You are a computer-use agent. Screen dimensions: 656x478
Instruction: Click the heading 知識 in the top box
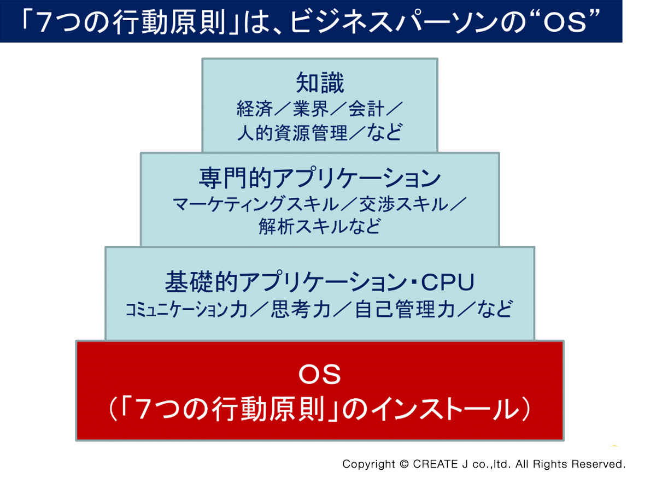tap(320, 83)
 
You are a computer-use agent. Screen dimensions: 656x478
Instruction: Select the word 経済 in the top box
tap(255, 109)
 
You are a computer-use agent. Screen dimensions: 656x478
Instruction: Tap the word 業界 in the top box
tap(311, 109)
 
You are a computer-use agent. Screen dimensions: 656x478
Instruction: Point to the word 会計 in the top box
tap(366, 109)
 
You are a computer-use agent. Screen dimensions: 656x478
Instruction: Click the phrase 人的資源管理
tap(292, 133)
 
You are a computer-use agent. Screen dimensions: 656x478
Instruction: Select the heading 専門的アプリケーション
tap(320, 178)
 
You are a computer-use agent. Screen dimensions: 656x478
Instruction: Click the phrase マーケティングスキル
tap(256, 204)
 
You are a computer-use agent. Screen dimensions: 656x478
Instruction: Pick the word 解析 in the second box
tap(277, 226)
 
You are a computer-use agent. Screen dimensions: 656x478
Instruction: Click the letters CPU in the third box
tap(448, 282)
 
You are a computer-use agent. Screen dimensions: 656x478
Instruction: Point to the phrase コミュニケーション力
tap(186, 310)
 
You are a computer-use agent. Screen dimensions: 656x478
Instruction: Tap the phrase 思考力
tap(301, 310)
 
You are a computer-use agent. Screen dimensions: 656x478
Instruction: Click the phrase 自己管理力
tap(405, 310)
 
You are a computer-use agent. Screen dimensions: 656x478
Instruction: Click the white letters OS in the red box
tap(319, 375)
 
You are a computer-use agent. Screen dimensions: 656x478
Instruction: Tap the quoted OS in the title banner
tap(565, 22)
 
